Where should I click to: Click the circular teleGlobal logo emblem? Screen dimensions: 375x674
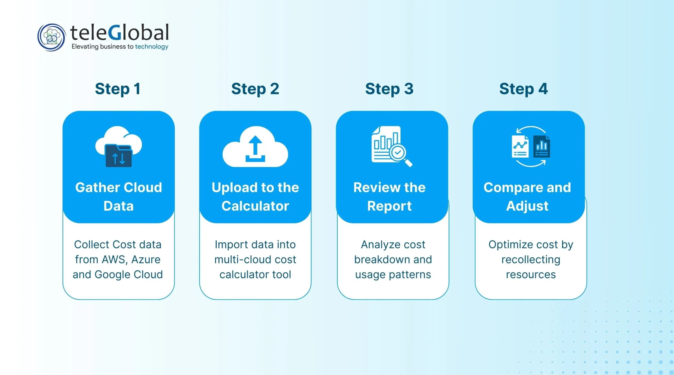(x=51, y=37)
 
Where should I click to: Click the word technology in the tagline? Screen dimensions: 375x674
(x=151, y=47)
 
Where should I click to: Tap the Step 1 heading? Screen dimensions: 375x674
(x=118, y=89)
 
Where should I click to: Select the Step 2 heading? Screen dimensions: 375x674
(x=255, y=89)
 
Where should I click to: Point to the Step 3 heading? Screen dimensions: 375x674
(x=389, y=89)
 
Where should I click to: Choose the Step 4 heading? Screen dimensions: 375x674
(x=523, y=89)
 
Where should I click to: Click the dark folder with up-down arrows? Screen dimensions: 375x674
(x=118, y=156)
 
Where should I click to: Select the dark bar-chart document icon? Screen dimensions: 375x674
(x=541, y=147)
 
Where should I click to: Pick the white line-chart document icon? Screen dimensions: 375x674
(x=520, y=147)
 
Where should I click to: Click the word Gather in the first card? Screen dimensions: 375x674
(x=97, y=188)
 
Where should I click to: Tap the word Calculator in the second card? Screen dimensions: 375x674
(x=255, y=206)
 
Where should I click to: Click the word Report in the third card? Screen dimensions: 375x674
(x=389, y=206)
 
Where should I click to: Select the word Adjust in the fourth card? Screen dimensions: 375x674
(x=527, y=206)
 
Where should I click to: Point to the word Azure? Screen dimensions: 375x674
(x=146, y=260)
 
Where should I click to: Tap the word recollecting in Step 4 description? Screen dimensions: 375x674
(x=531, y=260)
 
